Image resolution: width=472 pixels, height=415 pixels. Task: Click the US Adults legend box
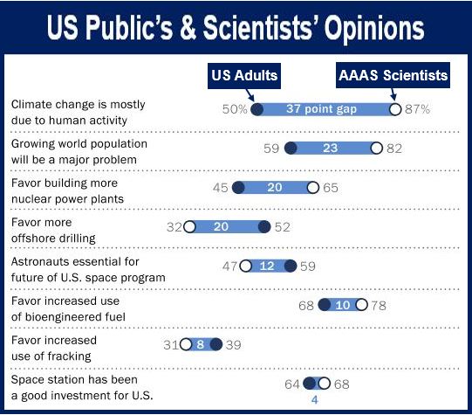tap(244, 76)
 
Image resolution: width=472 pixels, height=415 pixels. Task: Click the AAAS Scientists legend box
tap(393, 75)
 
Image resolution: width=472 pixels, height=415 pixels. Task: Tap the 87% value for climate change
tap(418, 109)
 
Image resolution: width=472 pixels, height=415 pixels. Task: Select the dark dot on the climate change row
tap(257, 109)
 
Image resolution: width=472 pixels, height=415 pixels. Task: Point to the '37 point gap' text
tap(321, 109)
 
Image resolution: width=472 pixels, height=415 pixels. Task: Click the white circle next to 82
tap(376, 149)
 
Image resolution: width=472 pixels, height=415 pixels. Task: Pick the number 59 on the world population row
tap(271, 149)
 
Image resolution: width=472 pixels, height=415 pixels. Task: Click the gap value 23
tap(330, 149)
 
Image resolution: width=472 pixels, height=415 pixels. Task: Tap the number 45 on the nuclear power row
tap(221, 188)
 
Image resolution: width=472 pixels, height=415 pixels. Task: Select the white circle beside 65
tap(313, 188)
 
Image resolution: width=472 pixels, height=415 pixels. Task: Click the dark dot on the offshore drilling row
tap(264, 227)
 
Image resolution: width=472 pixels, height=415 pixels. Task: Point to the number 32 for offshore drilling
tap(174, 227)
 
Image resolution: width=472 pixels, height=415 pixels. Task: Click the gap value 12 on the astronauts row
tap(267, 266)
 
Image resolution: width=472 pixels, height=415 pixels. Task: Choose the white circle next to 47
tap(246, 266)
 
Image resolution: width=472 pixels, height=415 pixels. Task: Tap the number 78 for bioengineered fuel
tap(379, 306)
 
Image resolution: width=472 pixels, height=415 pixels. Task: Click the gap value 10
tap(343, 306)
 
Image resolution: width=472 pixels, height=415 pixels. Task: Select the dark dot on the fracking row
tap(216, 344)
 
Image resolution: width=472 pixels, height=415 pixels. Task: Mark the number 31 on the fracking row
tap(171, 345)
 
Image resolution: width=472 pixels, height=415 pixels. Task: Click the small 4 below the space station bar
tap(315, 400)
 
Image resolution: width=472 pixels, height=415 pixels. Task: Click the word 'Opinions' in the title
tap(374, 28)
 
